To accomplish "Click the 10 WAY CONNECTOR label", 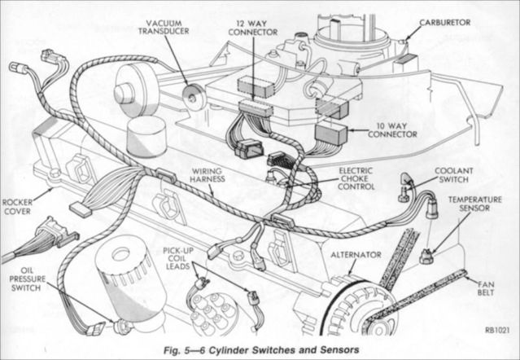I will [374, 129].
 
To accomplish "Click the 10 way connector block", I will [330, 134].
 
